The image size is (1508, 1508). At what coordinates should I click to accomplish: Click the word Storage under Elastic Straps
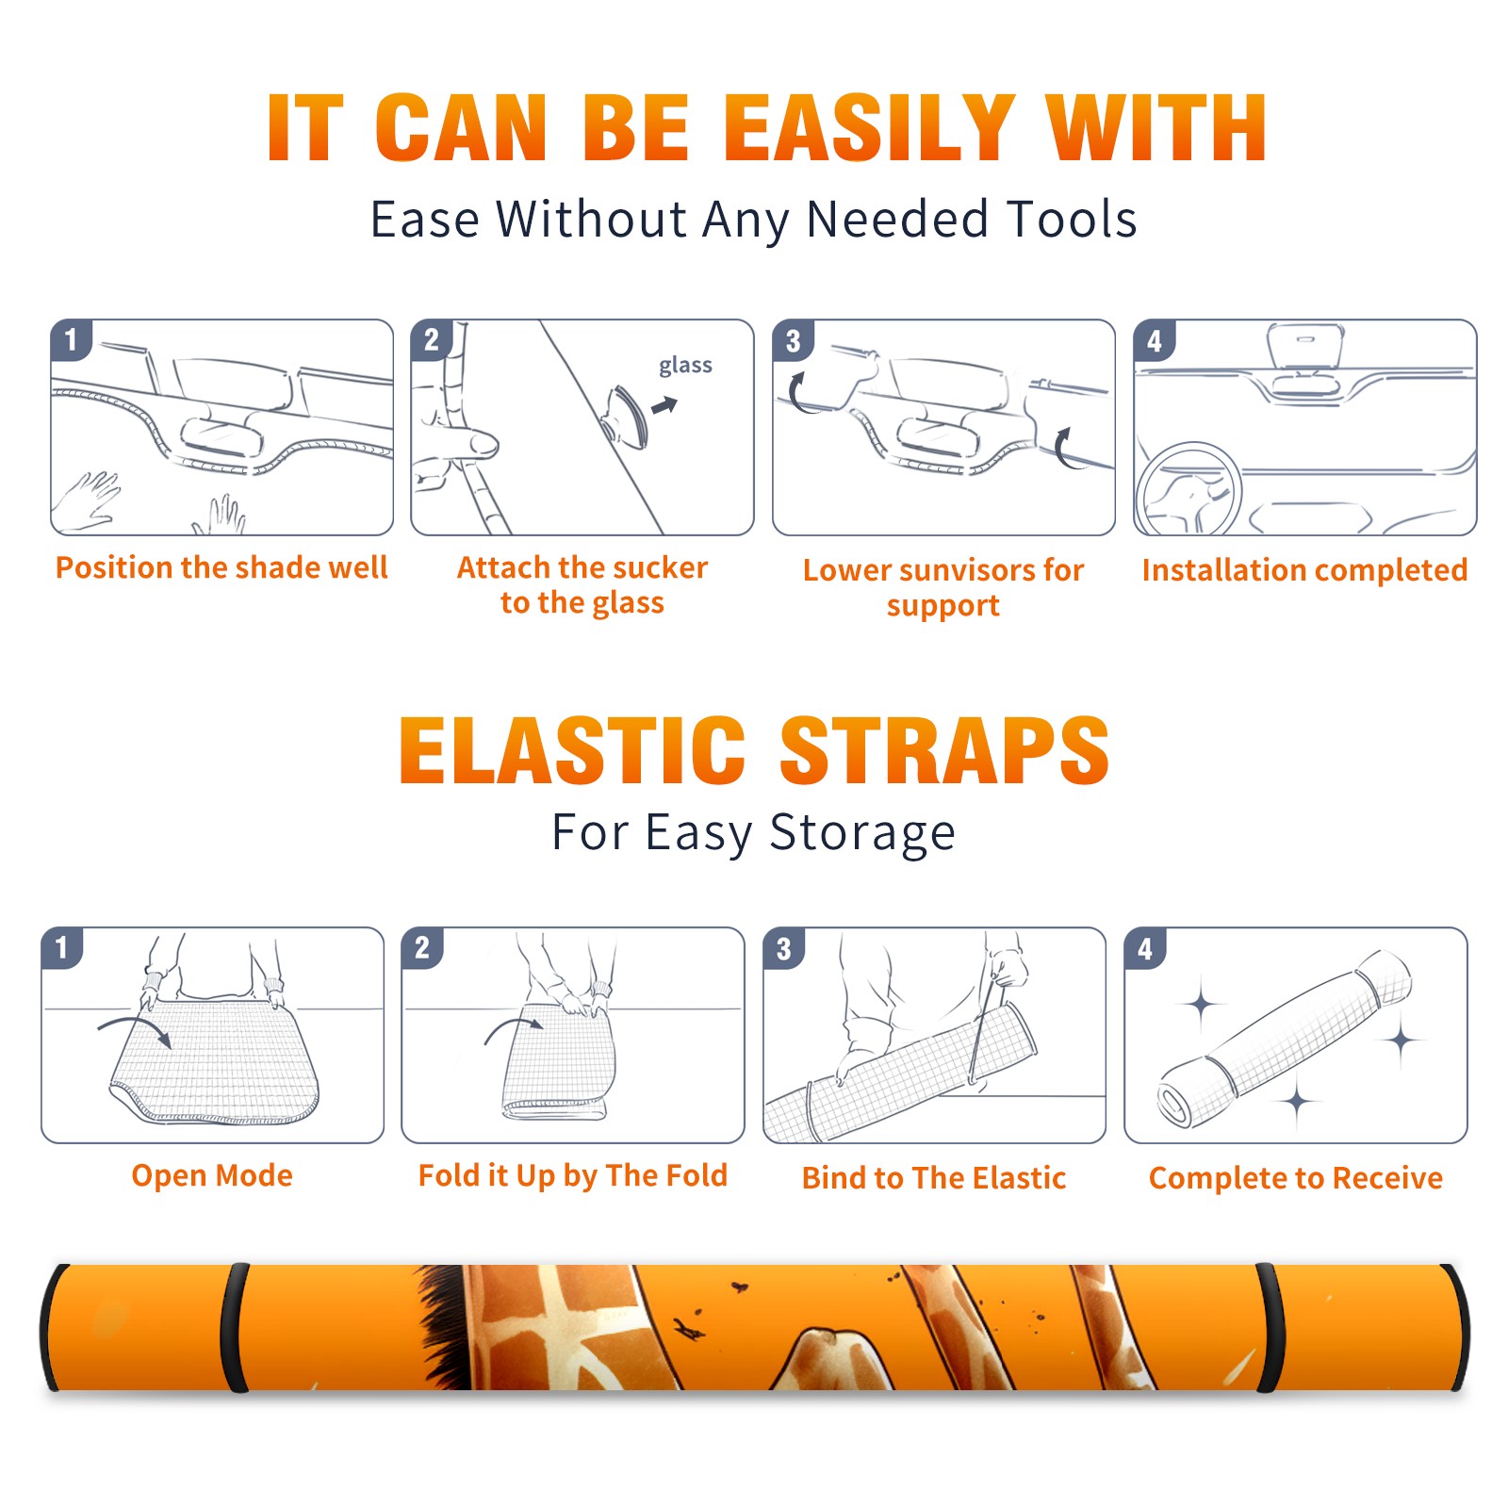point(862,833)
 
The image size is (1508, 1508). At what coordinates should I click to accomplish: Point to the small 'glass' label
point(685,366)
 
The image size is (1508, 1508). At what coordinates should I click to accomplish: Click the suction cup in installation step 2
point(628,416)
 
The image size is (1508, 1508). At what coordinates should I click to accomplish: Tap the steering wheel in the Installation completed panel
point(1188,490)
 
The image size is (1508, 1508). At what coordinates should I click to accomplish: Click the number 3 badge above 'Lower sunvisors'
point(793,340)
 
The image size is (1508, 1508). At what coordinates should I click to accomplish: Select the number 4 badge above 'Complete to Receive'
point(1145,948)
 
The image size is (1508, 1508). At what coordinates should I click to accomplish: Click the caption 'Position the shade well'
point(221,567)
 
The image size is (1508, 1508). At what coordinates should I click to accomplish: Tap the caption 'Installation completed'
point(1304,570)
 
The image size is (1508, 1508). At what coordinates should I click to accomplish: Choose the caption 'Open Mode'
point(212,1175)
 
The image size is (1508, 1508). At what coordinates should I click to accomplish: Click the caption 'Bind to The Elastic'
point(934,1178)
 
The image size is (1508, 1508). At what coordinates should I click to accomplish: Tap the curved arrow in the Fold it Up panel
point(515,1024)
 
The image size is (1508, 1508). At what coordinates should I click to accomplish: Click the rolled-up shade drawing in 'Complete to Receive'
point(1285,1039)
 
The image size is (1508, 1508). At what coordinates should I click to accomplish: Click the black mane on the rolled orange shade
point(443,1324)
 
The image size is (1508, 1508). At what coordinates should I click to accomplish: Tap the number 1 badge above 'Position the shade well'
point(71,339)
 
